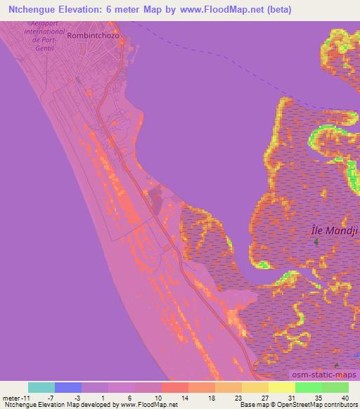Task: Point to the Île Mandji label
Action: (x=324, y=229)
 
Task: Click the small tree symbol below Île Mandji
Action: (x=316, y=242)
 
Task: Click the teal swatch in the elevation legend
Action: (x=41, y=387)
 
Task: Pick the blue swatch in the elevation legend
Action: (x=68, y=387)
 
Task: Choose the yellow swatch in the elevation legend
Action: (x=281, y=387)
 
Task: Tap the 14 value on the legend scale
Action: (x=184, y=396)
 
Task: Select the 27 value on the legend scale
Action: (x=264, y=396)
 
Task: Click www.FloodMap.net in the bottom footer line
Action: (x=149, y=405)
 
